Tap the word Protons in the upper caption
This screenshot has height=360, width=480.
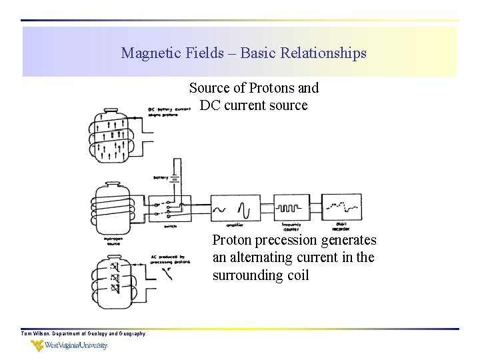point(273,88)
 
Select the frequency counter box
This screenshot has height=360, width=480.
point(291,207)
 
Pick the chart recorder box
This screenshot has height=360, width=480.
point(342,207)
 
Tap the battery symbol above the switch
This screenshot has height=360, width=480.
point(175,178)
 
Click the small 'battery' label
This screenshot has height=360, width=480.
point(161,177)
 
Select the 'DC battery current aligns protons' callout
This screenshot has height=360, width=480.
point(170,111)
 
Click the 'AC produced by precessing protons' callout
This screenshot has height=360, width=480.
point(172,259)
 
